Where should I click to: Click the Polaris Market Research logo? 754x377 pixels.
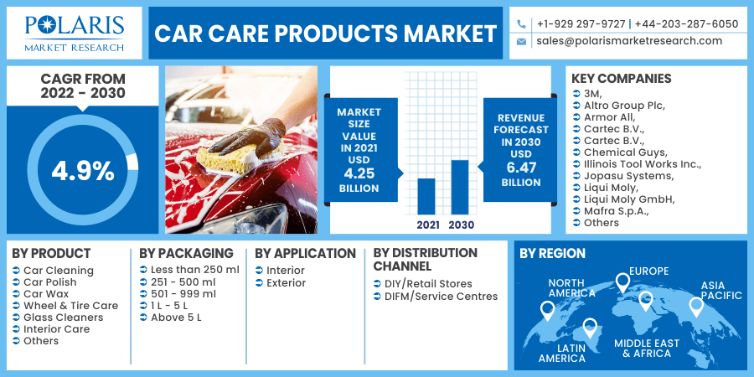(x=75, y=33)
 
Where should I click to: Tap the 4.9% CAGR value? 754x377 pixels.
(x=83, y=171)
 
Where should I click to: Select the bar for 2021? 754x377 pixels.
(x=426, y=196)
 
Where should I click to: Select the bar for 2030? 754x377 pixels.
(x=460, y=187)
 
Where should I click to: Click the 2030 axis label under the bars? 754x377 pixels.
(x=461, y=225)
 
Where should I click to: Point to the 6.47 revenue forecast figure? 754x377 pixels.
(x=521, y=168)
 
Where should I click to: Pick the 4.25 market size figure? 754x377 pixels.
(x=359, y=173)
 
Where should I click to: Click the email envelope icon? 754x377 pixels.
(x=521, y=42)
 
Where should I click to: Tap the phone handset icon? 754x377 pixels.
(x=521, y=23)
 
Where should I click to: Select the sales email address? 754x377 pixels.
(x=629, y=41)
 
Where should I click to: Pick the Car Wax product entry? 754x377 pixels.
(x=46, y=294)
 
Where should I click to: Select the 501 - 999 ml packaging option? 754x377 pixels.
(x=183, y=294)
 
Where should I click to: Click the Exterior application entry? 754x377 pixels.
(x=287, y=283)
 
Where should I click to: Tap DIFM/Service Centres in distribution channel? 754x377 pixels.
(x=441, y=297)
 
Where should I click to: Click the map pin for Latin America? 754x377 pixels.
(x=590, y=328)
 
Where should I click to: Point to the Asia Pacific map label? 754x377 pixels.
(x=720, y=291)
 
